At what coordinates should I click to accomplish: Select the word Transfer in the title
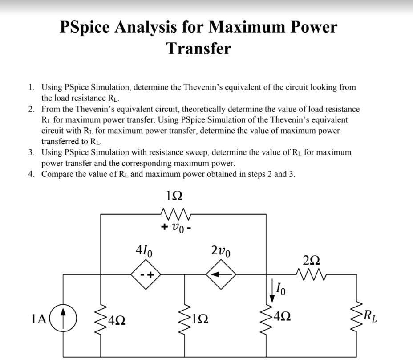coord(199,48)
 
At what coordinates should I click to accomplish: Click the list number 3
coord(31,152)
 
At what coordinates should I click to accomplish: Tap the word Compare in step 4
coord(57,174)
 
